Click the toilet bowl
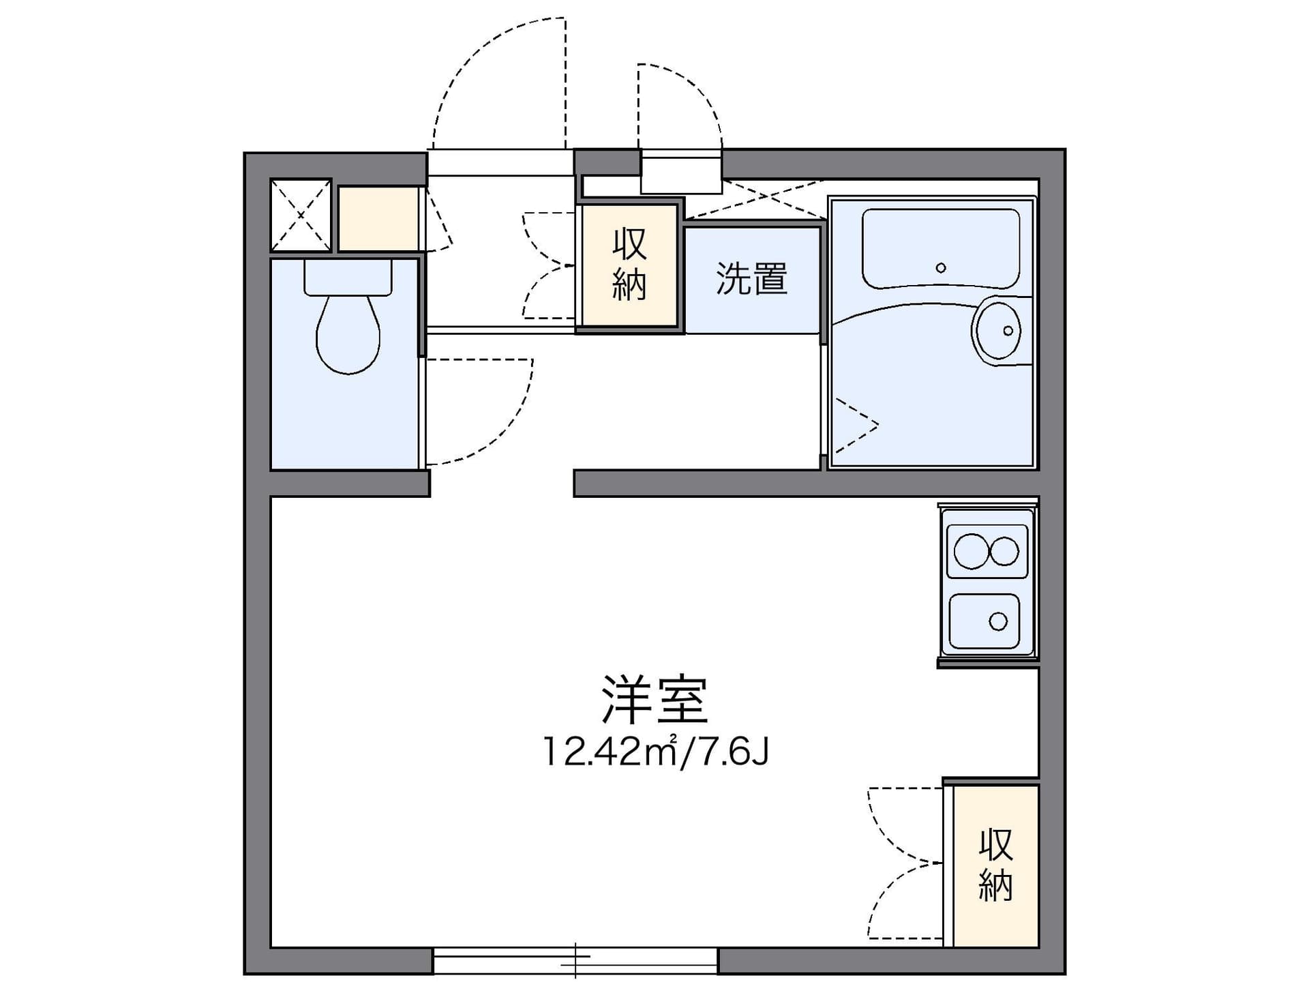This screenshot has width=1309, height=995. tap(348, 335)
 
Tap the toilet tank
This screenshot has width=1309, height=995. tap(348, 276)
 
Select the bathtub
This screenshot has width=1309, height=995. tap(941, 249)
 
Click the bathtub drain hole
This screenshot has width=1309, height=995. tap(941, 267)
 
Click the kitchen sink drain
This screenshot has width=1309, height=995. tap(998, 621)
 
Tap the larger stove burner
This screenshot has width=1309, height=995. tap(971, 551)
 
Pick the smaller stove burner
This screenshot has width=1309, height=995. tap(1004, 551)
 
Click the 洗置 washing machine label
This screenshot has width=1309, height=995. tap(751, 279)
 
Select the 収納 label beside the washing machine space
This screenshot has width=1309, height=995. tap(629, 265)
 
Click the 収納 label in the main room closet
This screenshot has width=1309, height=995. tap(995, 865)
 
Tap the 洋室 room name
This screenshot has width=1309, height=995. tap(654, 700)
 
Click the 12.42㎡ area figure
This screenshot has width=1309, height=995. tap(610, 752)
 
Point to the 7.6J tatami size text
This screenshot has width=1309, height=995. tap(729, 752)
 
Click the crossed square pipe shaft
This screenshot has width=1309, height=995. tap(301, 215)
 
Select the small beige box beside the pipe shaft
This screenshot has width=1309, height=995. tap(378, 218)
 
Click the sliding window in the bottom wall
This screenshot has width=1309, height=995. tap(575, 961)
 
